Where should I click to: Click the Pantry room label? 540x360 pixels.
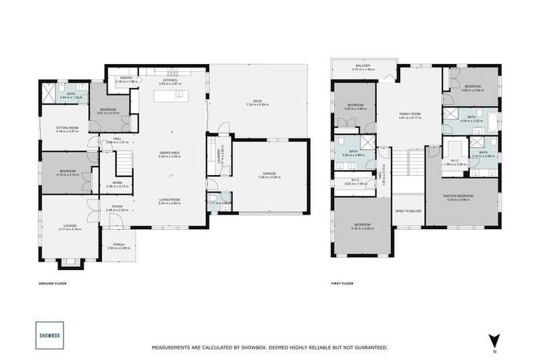click(x=127, y=78)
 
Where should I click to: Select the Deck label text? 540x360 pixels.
click(x=257, y=102)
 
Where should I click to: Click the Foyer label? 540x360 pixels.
click(x=117, y=207)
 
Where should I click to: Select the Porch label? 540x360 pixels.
click(x=119, y=245)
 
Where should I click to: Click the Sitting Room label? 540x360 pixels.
click(x=68, y=128)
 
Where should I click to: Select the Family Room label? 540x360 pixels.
click(x=409, y=114)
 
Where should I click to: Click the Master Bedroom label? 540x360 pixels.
click(x=462, y=195)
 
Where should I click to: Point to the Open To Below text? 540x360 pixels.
click(x=408, y=210)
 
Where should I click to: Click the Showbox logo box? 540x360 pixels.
click(x=49, y=335)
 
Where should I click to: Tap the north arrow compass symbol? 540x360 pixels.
click(x=494, y=340)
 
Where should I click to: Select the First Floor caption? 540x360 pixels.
click(x=342, y=284)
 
